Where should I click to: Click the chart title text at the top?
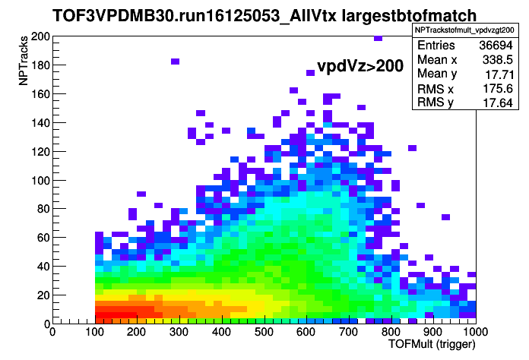pos(264,15)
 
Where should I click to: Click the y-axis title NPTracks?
pos(23,61)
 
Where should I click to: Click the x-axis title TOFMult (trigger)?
pos(432,344)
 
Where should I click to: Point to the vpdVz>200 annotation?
pos(360,66)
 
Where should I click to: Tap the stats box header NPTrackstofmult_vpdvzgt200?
pos(464,30)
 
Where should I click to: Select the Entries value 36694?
pos(496,45)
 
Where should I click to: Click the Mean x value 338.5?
pos(498,60)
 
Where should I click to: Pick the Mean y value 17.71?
pos(499,74)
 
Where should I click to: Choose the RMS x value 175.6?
pos(498,89)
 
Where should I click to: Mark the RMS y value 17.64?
pos(498,103)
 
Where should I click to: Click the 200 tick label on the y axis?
pos(40,36)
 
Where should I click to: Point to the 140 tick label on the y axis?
pos(40,123)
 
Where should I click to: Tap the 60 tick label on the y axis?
pos(43,237)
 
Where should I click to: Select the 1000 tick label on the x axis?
pos(475,332)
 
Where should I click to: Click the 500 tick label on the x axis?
pos(264,332)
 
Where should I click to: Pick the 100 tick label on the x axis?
pos(94,332)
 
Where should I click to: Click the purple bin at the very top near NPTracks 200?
pos(379,38)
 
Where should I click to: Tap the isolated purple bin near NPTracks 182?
pos(175,62)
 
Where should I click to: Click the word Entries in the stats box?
pos(436,45)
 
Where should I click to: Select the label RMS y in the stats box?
pos(436,102)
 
